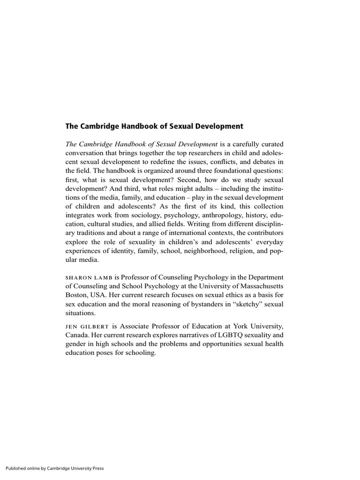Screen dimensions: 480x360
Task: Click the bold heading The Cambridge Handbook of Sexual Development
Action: coord(154,126)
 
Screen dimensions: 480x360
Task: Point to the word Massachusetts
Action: coord(260,286)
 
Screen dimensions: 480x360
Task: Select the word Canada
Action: coord(78,335)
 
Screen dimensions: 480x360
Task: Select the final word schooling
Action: coord(140,353)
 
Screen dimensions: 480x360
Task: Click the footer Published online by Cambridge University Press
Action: coord(54,468)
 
